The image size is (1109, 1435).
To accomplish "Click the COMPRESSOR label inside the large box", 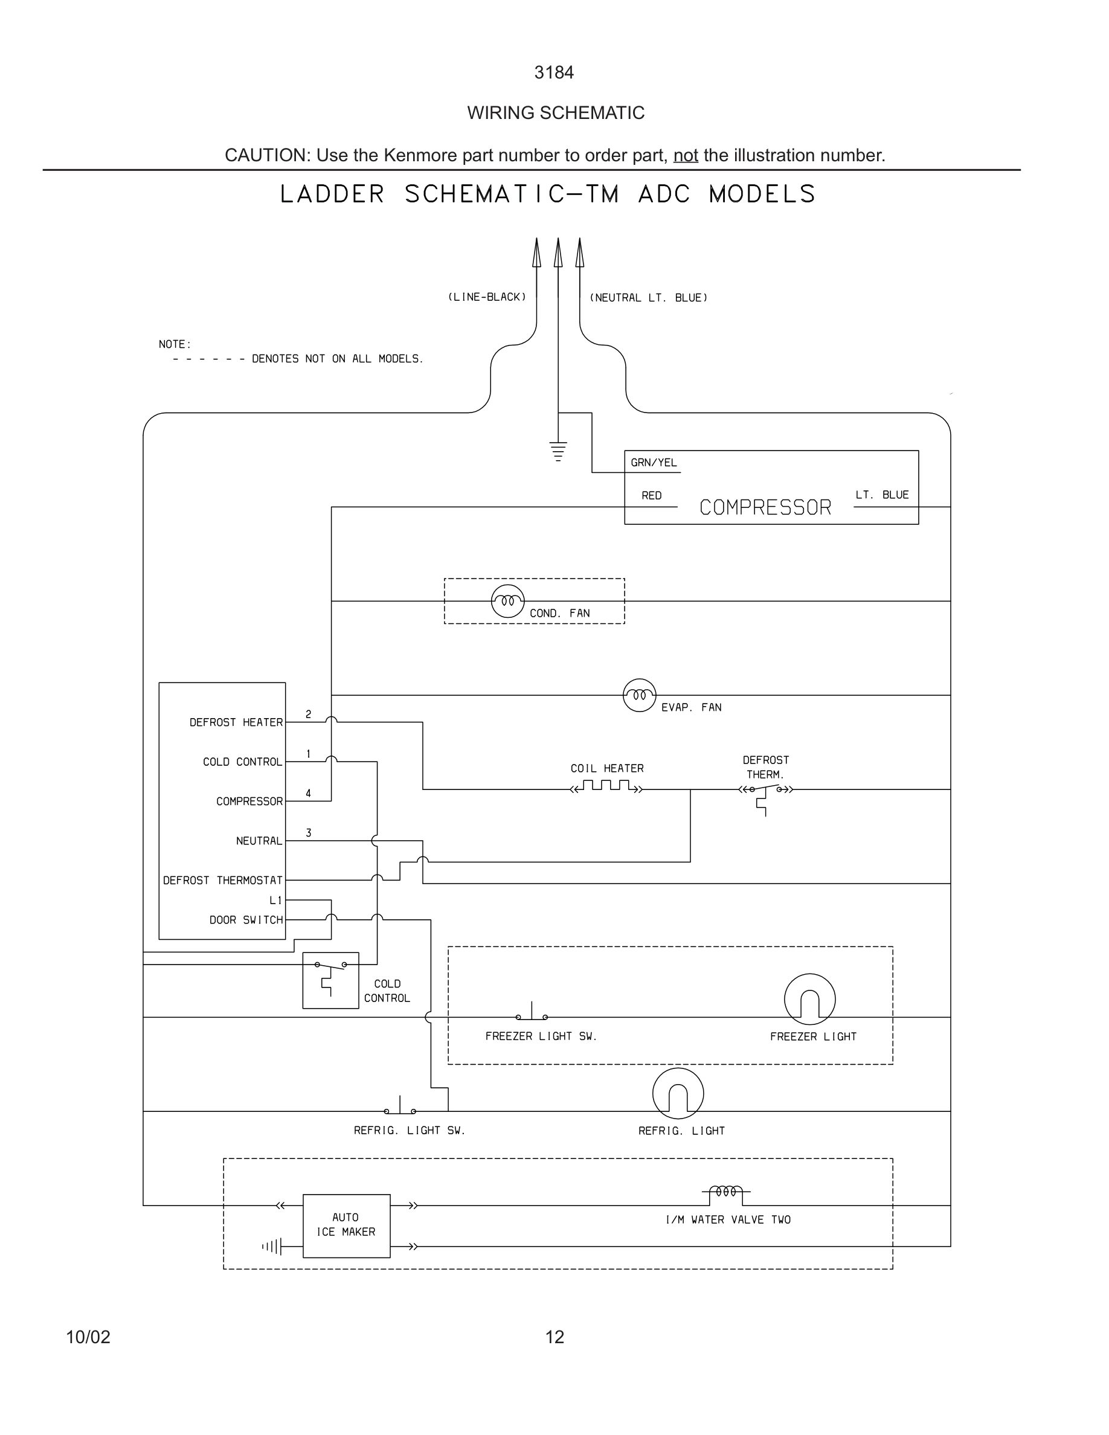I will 765,507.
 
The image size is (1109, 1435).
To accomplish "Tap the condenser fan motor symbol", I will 508,600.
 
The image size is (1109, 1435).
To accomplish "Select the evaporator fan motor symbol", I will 639,695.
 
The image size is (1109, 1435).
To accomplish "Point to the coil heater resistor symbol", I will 606,786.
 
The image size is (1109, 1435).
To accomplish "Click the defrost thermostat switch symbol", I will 765,791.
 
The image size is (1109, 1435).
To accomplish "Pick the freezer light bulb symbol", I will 809,999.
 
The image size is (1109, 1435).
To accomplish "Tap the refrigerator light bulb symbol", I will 678,1093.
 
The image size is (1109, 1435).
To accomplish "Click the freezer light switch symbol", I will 532,1014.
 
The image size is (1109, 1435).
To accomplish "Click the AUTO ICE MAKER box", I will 346,1225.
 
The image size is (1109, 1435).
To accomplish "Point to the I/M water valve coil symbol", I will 726,1191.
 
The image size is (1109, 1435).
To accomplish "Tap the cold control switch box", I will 330,980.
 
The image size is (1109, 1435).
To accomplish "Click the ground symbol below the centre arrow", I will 558,452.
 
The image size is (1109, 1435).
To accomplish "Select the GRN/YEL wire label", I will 653,463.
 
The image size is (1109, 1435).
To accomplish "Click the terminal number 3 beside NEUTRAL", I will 308,832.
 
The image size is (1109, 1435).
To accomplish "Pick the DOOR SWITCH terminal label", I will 246,920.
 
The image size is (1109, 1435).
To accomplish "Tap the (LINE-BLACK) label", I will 487,297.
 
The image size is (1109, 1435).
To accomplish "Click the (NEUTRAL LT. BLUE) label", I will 649,298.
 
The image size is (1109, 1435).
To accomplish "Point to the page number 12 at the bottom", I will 554,1337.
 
